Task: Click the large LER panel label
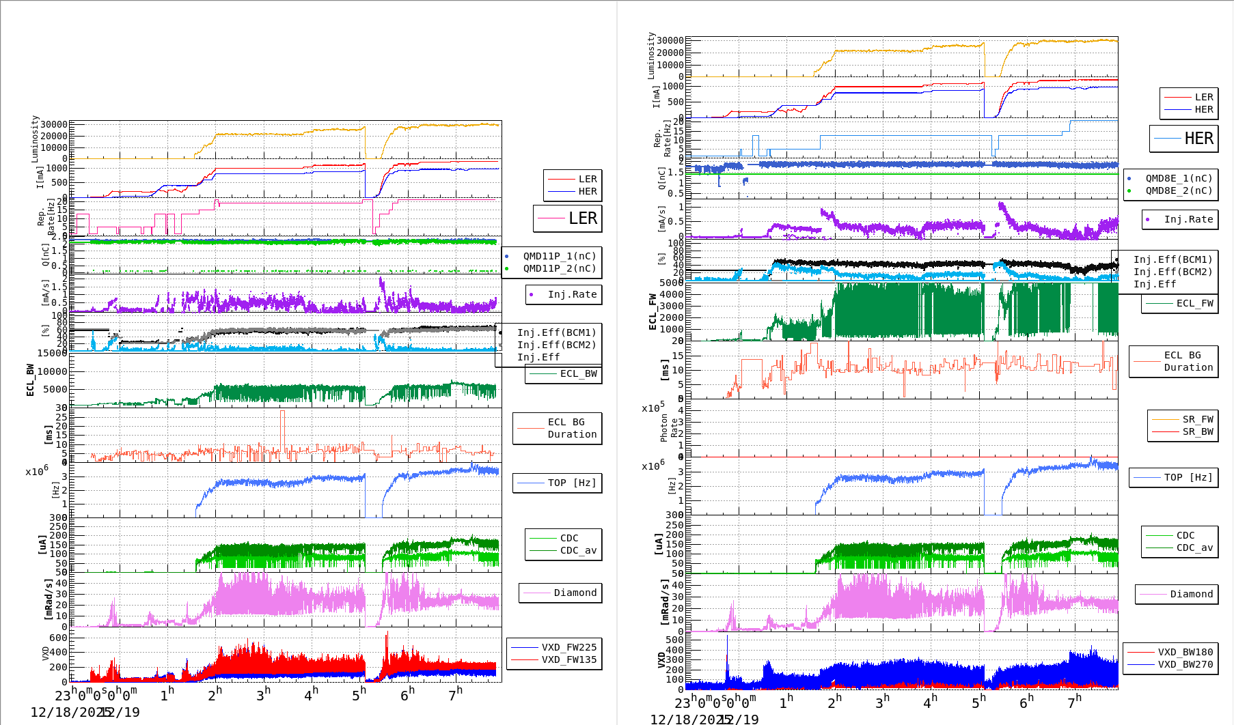click(x=582, y=218)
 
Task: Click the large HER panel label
click(x=1198, y=139)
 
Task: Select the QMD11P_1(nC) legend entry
click(x=559, y=256)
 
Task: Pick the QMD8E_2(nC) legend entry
click(x=1179, y=190)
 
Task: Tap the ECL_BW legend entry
click(x=578, y=373)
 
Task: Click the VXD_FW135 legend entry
click(x=568, y=659)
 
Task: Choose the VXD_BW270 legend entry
click(x=1185, y=664)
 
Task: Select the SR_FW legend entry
click(x=1198, y=419)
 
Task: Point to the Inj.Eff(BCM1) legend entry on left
click(x=556, y=332)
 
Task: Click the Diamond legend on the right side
click(x=1191, y=594)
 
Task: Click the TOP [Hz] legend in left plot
click(x=571, y=483)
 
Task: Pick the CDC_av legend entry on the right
click(x=1194, y=548)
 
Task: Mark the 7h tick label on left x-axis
click(x=455, y=694)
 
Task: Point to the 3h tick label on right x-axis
click(x=882, y=701)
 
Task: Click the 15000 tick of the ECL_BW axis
click(x=53, y=353)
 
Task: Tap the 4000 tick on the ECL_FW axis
click(x=670, y=294)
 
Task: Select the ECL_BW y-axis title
click(x=30, y=380)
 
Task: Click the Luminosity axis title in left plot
click(x=35, y=139)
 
